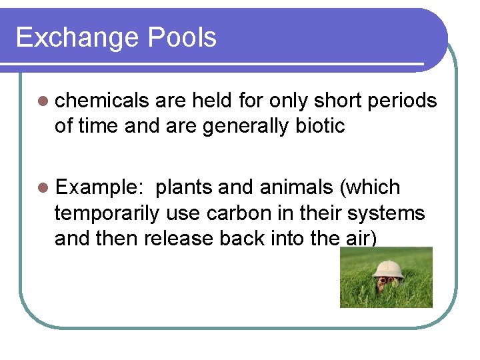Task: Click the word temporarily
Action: (107, 213)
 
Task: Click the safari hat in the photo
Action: (388, 269)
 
